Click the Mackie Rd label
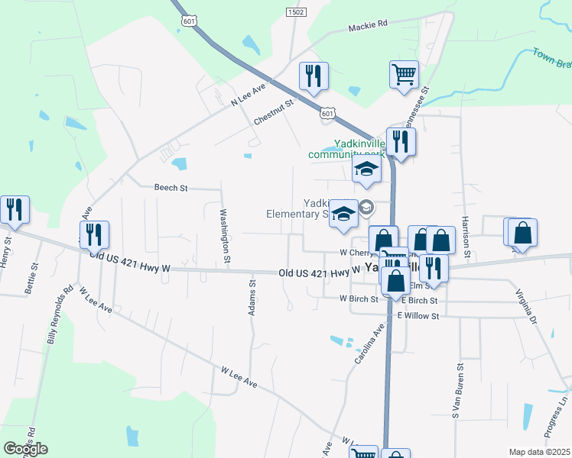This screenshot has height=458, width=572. (x=368, y=25)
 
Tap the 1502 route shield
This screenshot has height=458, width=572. (x=296, y=12)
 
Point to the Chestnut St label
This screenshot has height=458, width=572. (x=274, y=112)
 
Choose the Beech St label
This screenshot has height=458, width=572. (x=171, y=187)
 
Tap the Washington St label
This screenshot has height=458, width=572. (x=226, y=236)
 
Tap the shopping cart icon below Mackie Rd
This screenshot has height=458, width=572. (x=404, y=75)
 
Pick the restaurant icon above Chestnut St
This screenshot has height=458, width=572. (x=314, y=76)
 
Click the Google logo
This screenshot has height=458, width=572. (x=25, y=449)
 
